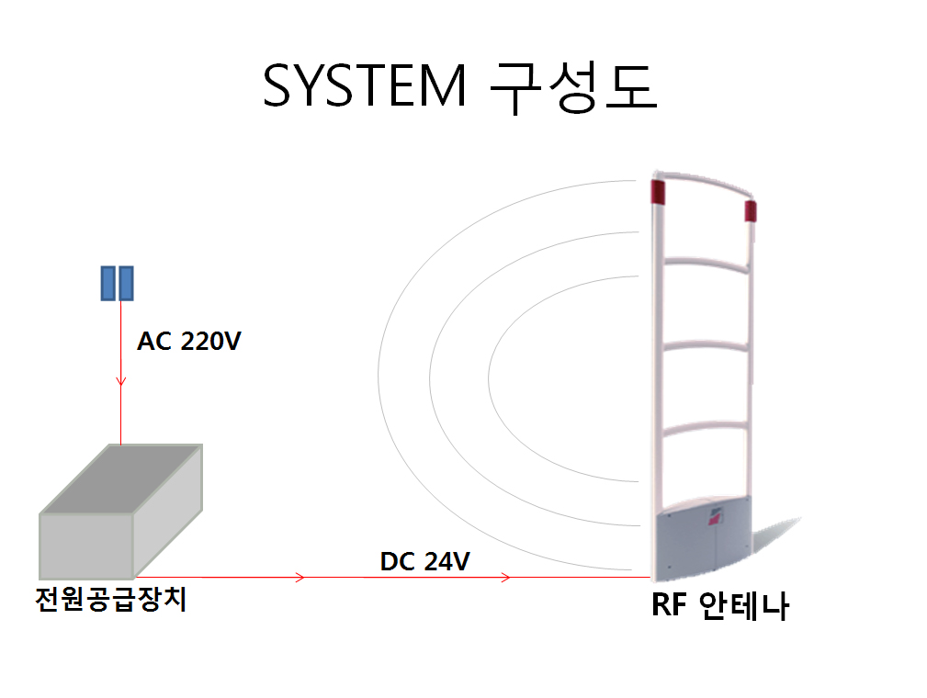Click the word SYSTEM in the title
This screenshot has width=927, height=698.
coord(364,85)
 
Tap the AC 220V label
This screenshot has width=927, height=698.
coord(189,342)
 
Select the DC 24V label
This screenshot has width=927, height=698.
coord(424,561)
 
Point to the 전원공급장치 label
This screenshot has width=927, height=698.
coord(111,600)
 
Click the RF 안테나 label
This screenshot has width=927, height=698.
coord(720,605)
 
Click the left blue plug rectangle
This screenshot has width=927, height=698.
coord(108,283)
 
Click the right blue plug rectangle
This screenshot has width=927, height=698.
coord(127,283)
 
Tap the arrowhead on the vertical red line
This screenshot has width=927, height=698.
coord(120,380)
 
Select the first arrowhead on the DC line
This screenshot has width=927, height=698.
coord(300,577)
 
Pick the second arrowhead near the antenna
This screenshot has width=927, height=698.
coord(505,577)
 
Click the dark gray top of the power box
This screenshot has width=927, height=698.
coord(122,478)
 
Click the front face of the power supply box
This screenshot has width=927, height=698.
coord(86,546)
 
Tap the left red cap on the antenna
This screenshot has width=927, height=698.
coord(658,192)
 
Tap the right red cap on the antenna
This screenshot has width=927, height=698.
coord(751,211)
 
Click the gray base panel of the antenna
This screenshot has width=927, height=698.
coord(704,538)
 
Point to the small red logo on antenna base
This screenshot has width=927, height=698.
coord(716,519)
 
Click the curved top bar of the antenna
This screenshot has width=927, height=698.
coord(704,181)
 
